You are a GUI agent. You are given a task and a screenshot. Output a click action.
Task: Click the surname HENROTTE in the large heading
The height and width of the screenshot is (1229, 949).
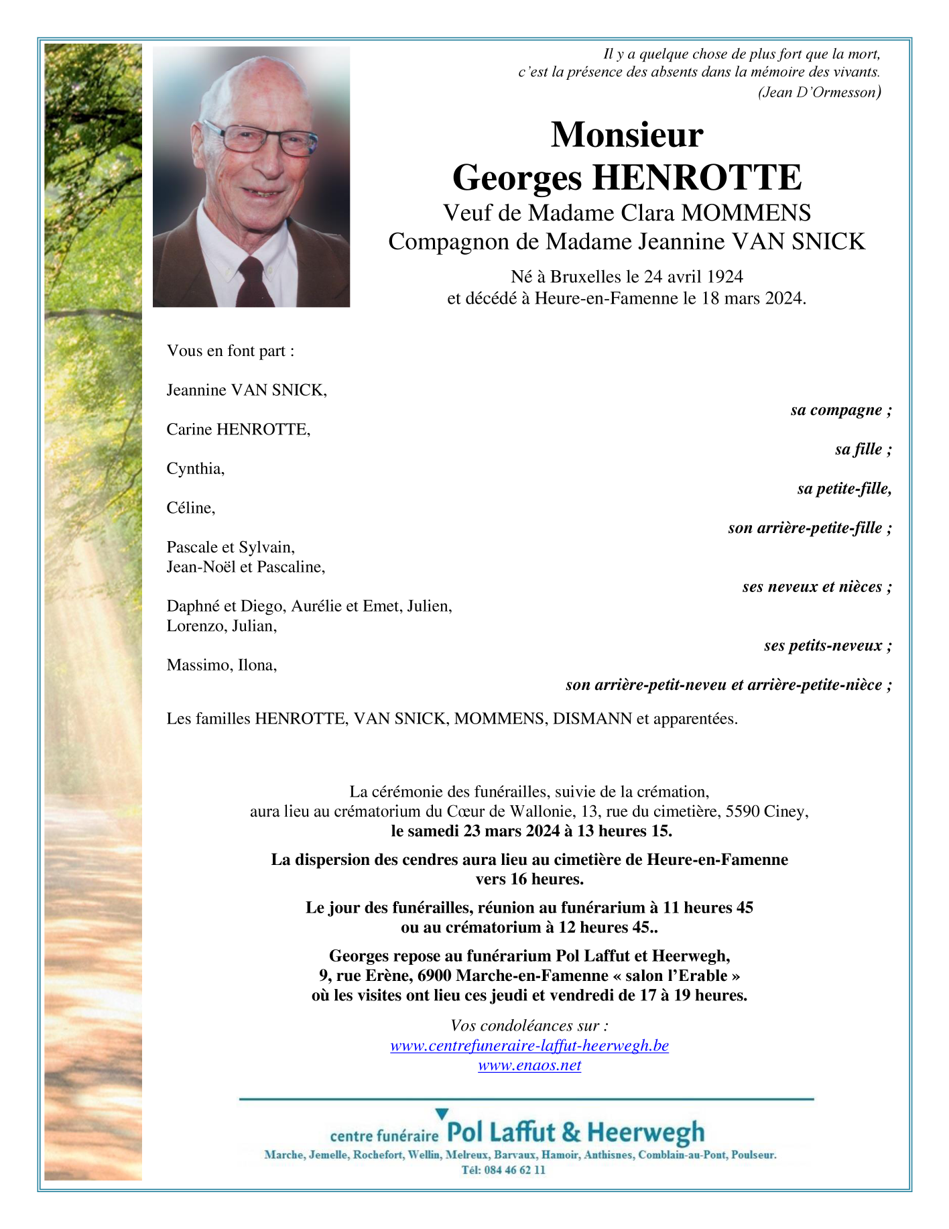click(x=697, y=178)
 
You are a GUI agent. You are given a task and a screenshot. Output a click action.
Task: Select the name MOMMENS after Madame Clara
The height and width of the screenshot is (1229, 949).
click(x=746, y=213)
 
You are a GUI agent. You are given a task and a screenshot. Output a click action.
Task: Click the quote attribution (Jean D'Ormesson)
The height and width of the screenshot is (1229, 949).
click(x=819, y=93)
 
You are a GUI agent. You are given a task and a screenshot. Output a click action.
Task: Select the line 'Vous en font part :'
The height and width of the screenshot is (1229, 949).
click(x=231, y=351)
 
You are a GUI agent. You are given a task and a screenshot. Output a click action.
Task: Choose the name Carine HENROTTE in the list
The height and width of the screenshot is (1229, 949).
click(x=238, y=429)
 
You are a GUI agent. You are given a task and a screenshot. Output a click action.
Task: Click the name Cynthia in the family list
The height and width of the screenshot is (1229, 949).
click(x=195, y=469)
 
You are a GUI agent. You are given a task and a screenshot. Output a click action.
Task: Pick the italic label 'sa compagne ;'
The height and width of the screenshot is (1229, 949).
click(x=840, y=410)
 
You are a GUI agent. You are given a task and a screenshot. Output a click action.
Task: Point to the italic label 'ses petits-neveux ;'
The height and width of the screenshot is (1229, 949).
click(x=828, y=646)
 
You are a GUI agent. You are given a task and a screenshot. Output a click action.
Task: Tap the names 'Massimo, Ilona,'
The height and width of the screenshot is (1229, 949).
click(x=221, y=665)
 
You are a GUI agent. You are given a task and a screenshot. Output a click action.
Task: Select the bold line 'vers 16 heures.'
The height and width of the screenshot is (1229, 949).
click(x=529, y=879)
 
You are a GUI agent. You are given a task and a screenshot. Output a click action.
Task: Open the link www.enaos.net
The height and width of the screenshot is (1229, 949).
click(x=529, y=1065)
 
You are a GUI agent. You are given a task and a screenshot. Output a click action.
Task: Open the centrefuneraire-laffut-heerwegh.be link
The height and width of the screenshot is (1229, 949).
click(x=529, y=1046)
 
